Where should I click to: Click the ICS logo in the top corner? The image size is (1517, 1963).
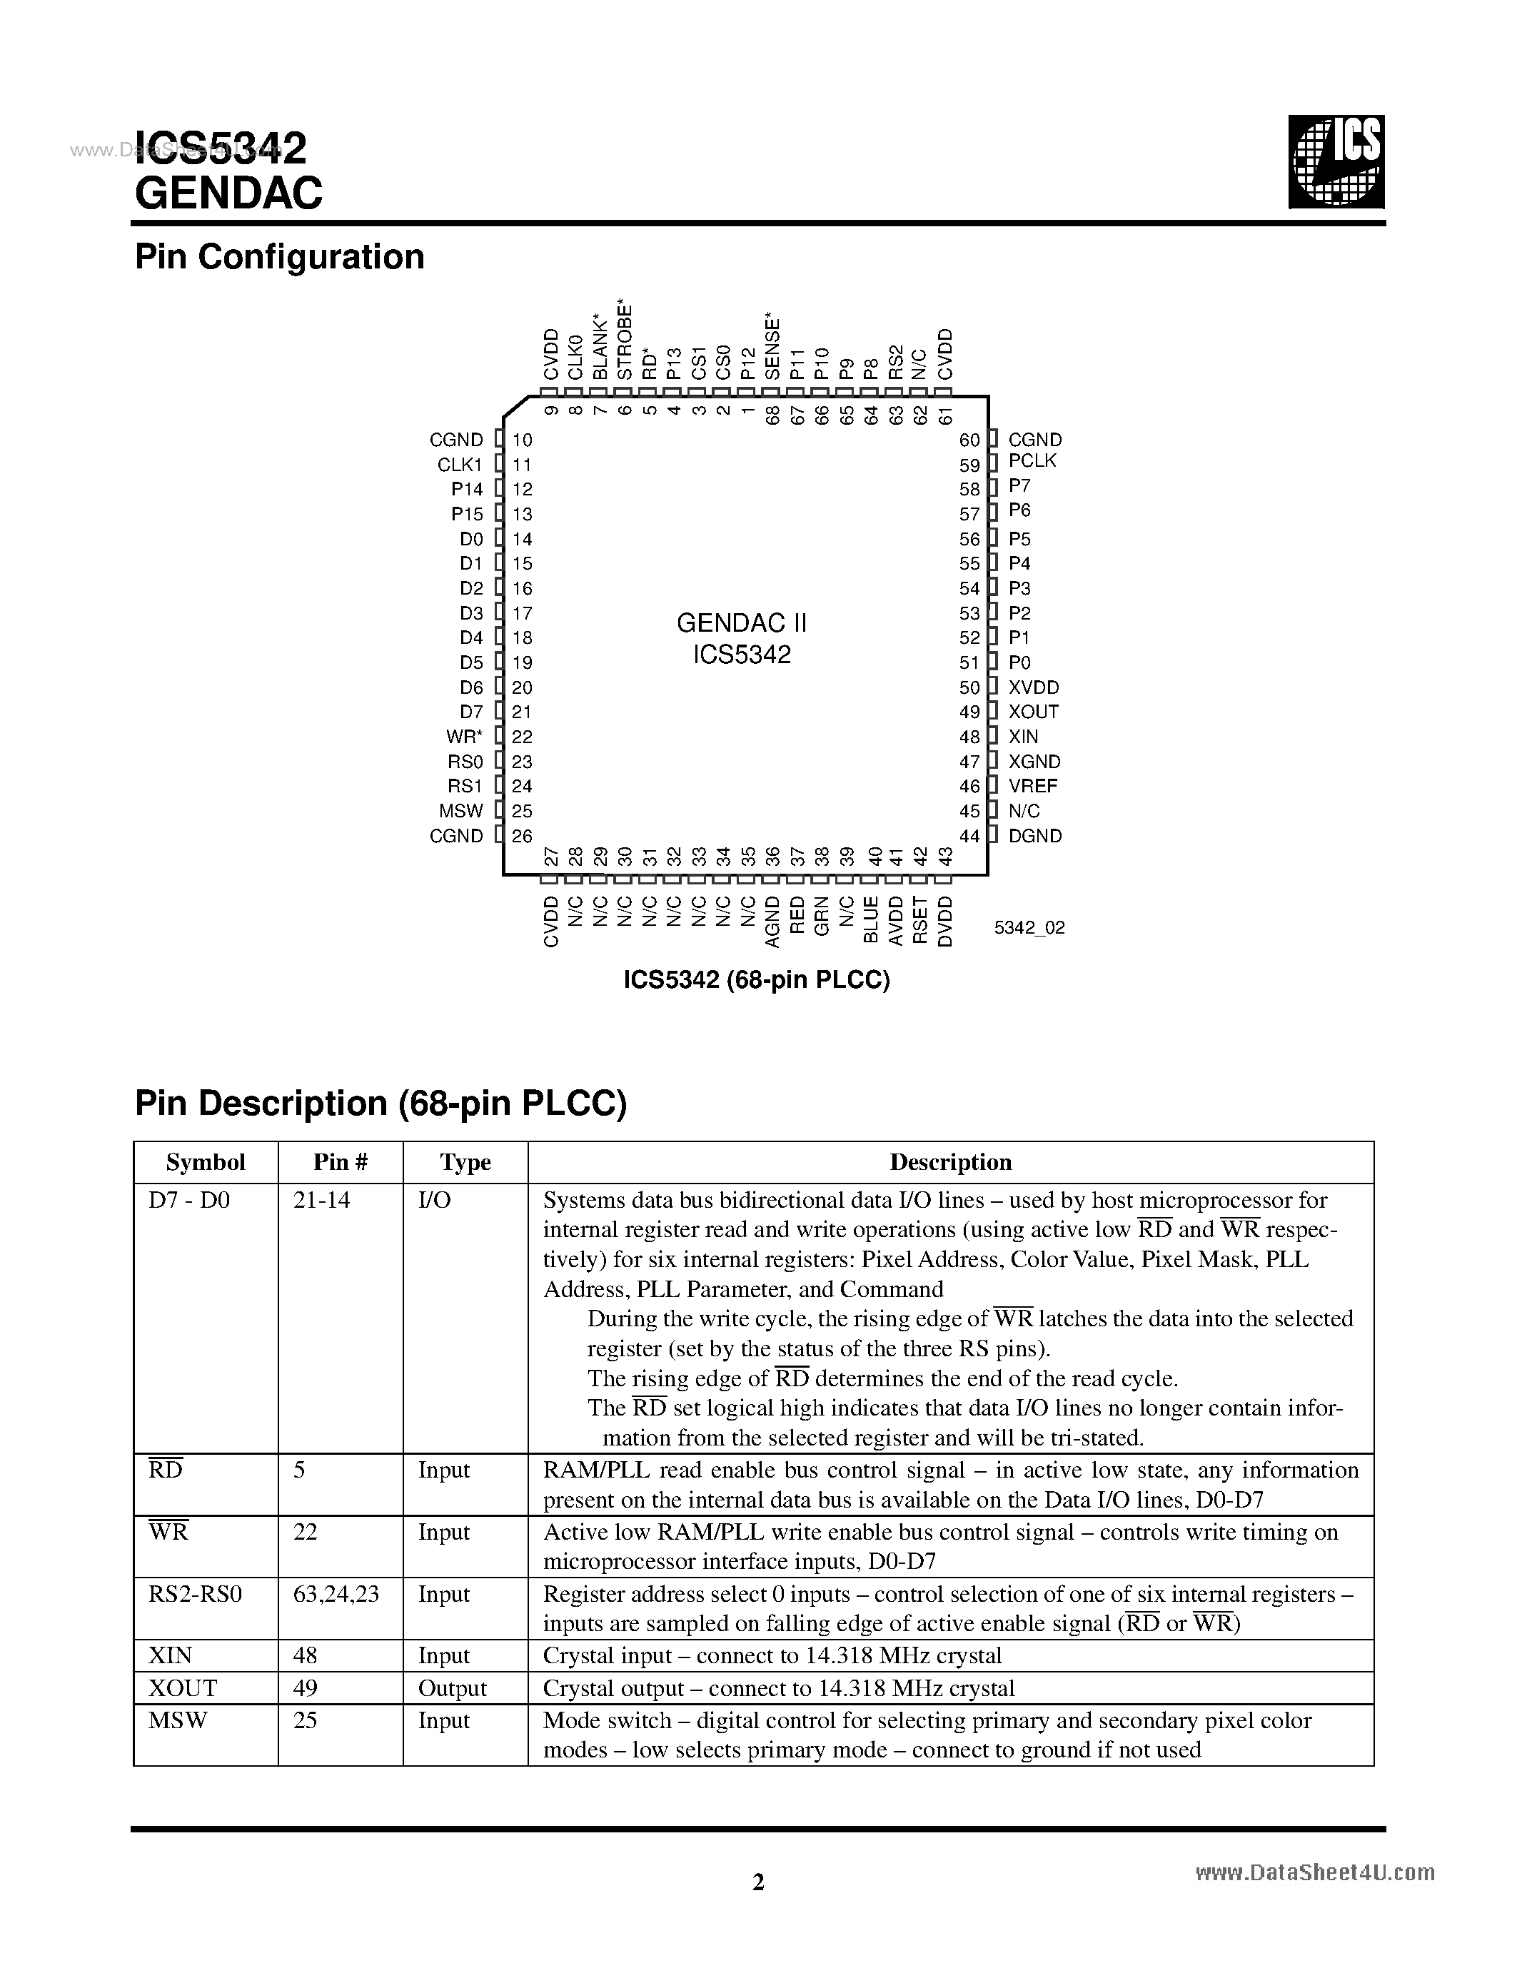pyautogui.click(x=1336, y=163)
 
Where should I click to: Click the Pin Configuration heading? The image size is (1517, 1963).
pyautogui.click(x=280, y=258)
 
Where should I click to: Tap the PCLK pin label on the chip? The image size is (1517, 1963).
pyautogui.click(x=1032, y=461)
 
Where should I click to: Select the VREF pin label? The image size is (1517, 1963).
pyautogui.click(x=1032, y=786)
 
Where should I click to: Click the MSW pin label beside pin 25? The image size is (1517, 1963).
pyautogui.click(x=461, y=811)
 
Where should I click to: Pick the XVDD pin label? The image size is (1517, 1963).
pyautogui.click(x=1034, y=687)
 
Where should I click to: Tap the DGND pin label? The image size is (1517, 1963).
pyautogui.click(x=1034, y=836)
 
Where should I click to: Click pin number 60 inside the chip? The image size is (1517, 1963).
pyautogui.click(x=969, y=440)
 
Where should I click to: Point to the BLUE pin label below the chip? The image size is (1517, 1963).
pyautogui.click(x=870, y=919)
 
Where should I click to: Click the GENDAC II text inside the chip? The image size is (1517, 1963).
pyautogui.click(x=742, y=623)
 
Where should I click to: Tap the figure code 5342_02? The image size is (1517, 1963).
pyautogui.click(x=1029, y=927)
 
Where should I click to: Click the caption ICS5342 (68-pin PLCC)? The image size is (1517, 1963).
pyautogui.click(x=757, y=979)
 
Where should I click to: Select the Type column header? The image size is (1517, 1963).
pyautogui.click(x=465, y=1162)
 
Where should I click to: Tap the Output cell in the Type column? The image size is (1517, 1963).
pyautogui.click(x=452, y=1688)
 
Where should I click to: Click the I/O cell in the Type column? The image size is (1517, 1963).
pyautogui.click(x=434, y=1200)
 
